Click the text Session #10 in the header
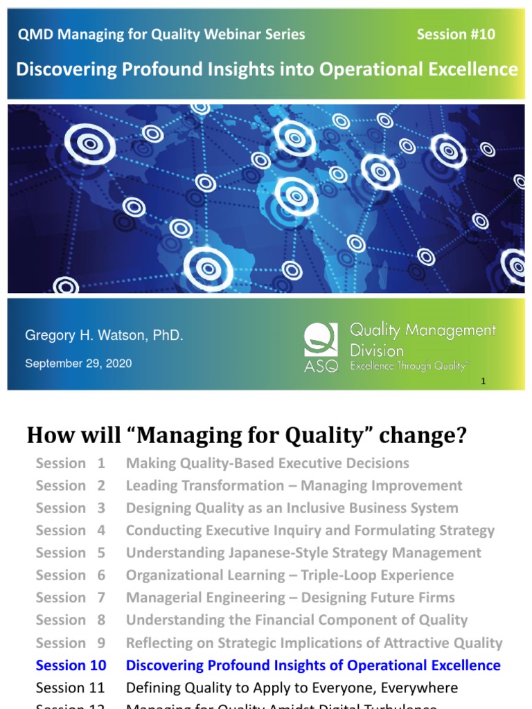(x=456, y=35)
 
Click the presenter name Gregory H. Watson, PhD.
(x=104, y=336)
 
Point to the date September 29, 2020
(x=78, y=363)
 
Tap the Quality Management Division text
(x=423, y=339)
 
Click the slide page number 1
(x=483, y=382)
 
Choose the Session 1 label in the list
(x=71, y=463)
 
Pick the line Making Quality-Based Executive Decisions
(x=267, y=463)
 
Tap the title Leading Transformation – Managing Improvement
(x=294, y=485)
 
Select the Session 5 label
(x=71, y=553)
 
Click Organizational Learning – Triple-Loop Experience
(x=290, y=575)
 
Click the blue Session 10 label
(x=71, y=665)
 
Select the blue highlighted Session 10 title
(x=313, y=665)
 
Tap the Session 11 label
(x=71, y=688)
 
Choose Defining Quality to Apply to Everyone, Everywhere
(x=292, y=688)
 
